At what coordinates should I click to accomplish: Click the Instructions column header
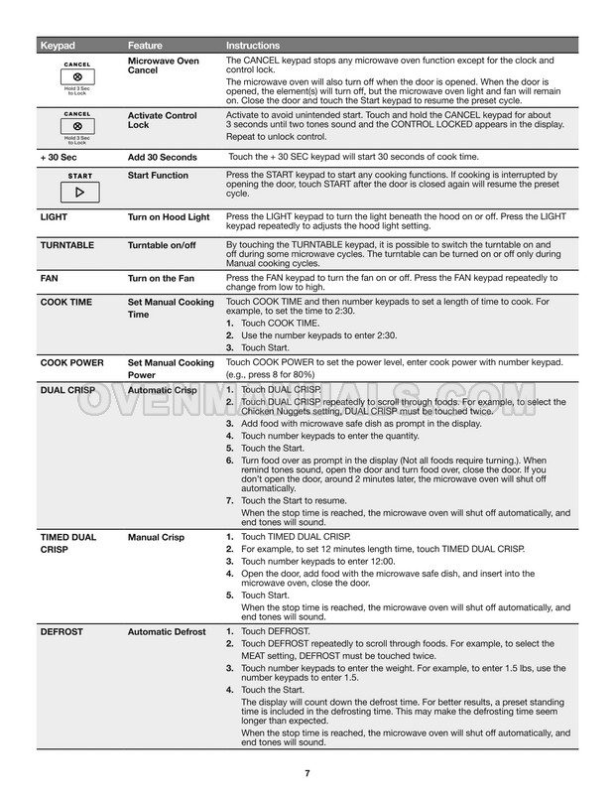[x=253, y=46]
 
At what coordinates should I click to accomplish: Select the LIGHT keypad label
[x=54, y=215]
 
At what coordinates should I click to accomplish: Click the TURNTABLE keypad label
[x=67, y=244]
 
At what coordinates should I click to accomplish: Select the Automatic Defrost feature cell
[x=167, y=631]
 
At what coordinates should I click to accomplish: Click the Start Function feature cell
[x=159, y=176]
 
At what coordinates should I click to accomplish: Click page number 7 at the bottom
[x=307, y=773]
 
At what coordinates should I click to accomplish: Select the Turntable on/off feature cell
[x=165, y=244]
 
